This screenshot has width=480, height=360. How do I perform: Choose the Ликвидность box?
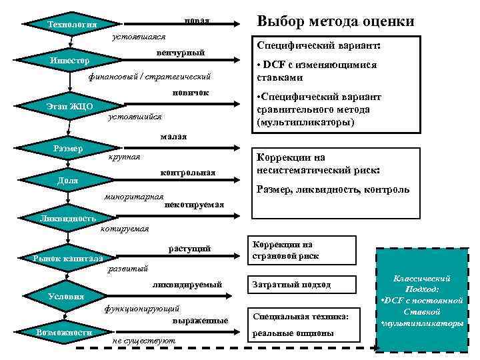pos(67,218)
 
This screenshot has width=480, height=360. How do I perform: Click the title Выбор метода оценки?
pos(335,21)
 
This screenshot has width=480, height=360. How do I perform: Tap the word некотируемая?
pos(194,204)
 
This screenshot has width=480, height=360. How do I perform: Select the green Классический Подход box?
pos(422,299)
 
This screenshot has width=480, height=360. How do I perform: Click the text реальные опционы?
pos(293,333)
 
